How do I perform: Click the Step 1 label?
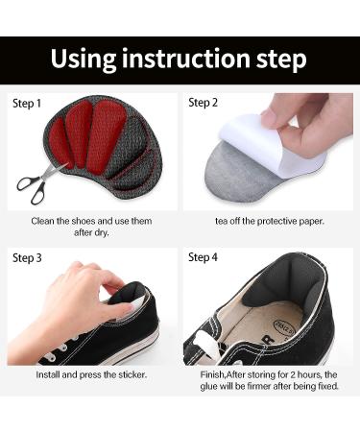[x=27, y=102]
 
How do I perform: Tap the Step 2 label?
[x=204, y=102]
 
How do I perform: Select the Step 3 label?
[x=27, y=257]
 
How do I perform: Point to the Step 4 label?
[x=204, y=257]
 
